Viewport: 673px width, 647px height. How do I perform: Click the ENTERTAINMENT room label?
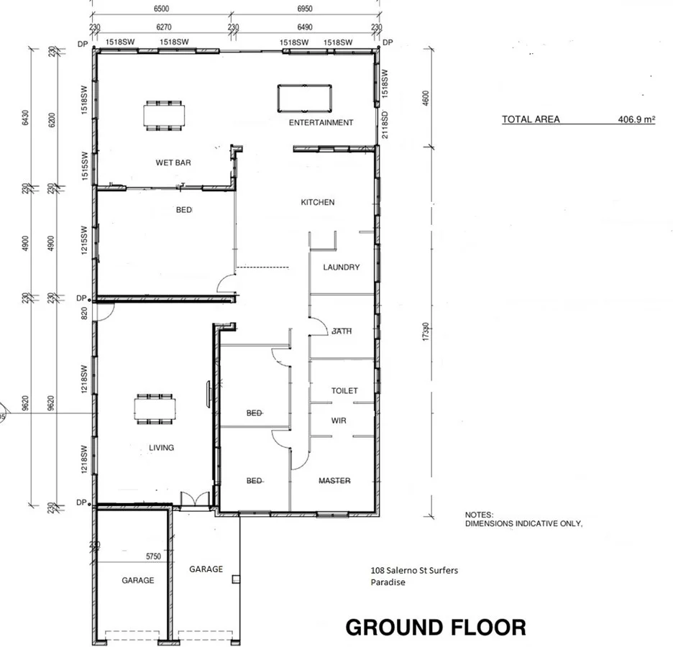coord(321,123)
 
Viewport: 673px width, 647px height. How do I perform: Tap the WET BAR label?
coord(173,162)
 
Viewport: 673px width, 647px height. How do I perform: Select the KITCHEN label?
coord(317,203)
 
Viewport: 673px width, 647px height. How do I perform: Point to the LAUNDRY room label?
coord(341,267)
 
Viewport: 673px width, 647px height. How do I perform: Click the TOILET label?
coord(344,391)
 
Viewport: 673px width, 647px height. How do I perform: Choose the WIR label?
coord(339,421)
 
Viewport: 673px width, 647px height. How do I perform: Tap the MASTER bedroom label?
coord(334,481)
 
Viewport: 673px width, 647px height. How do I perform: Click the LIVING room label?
coord(161,448)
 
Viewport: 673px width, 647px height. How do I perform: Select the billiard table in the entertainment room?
coord(305,98)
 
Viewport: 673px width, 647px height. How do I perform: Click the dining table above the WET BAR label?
coord(164,116)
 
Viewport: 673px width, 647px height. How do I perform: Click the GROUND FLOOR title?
coord(435,628)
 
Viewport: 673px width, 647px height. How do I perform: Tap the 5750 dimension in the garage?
coord(153,556)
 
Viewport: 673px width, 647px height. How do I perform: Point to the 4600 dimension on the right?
coord(426,98)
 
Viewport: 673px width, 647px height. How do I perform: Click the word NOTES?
coord(479,515)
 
